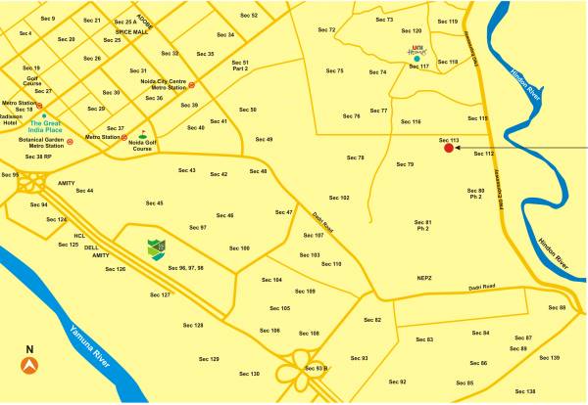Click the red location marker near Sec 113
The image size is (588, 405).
[x=448, y=149]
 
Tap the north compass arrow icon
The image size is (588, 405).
[x=29, y=365]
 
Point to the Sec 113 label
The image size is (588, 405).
[x=449, y=139]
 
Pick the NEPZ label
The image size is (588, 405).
[x=423, y=277]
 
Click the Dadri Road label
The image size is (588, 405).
[x=481, y=287]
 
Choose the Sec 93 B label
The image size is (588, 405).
[x=316, y=368]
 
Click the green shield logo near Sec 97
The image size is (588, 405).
[x=157, y=247]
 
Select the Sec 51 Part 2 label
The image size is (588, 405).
[x=240, y=66]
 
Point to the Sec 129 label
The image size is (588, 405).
[x=208, y=359]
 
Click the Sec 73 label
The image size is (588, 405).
[x=384, y=20]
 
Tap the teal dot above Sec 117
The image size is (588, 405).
[x=417, y=59]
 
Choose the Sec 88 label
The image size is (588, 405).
[x=557, y=307]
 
